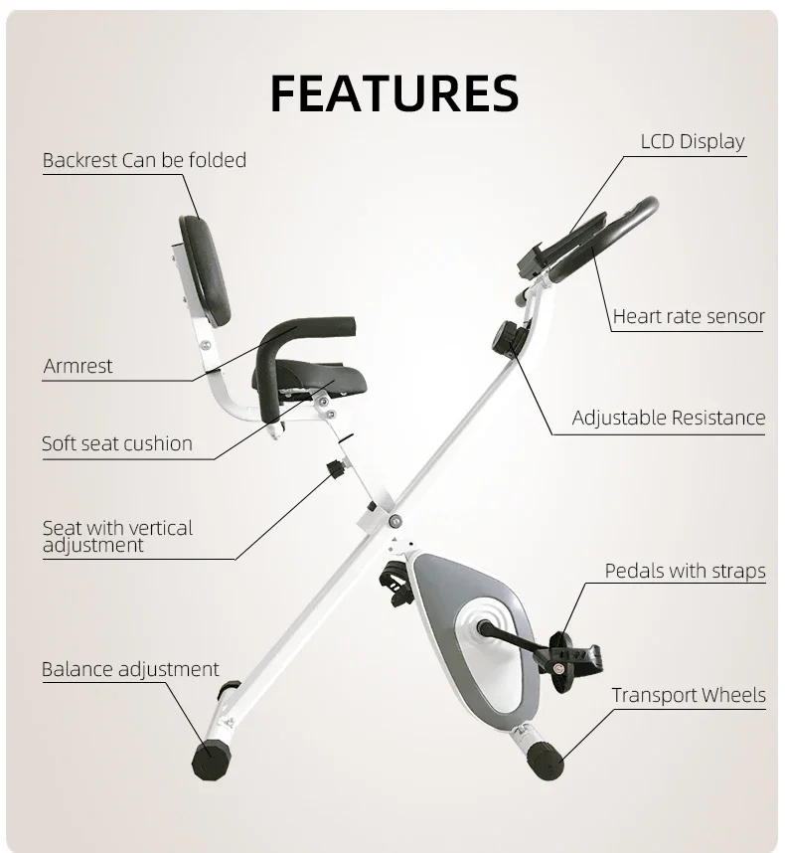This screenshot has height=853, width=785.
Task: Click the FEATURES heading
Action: (x=393, y=93)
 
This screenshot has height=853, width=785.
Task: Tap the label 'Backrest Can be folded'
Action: (x=144, y=160)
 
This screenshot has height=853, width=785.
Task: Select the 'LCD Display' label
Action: (x=692, y=141)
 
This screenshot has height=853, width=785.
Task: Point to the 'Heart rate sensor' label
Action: (x=689, y=317)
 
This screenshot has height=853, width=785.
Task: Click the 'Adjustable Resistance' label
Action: (x=669, y=418)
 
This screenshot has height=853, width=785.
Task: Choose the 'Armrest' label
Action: (x=78, y=366)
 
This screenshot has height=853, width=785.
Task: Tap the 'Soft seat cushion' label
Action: (x=117, y=443)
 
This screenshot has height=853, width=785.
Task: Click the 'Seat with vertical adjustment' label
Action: (x=117, y=536)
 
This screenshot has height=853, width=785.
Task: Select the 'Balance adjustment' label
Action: (x=130, y=669)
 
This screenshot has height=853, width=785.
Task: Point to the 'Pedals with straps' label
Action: (x=685, y=571)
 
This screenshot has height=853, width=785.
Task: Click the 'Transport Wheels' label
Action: (x=689, y=695)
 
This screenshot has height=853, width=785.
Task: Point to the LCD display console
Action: (x=561, y=244)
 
